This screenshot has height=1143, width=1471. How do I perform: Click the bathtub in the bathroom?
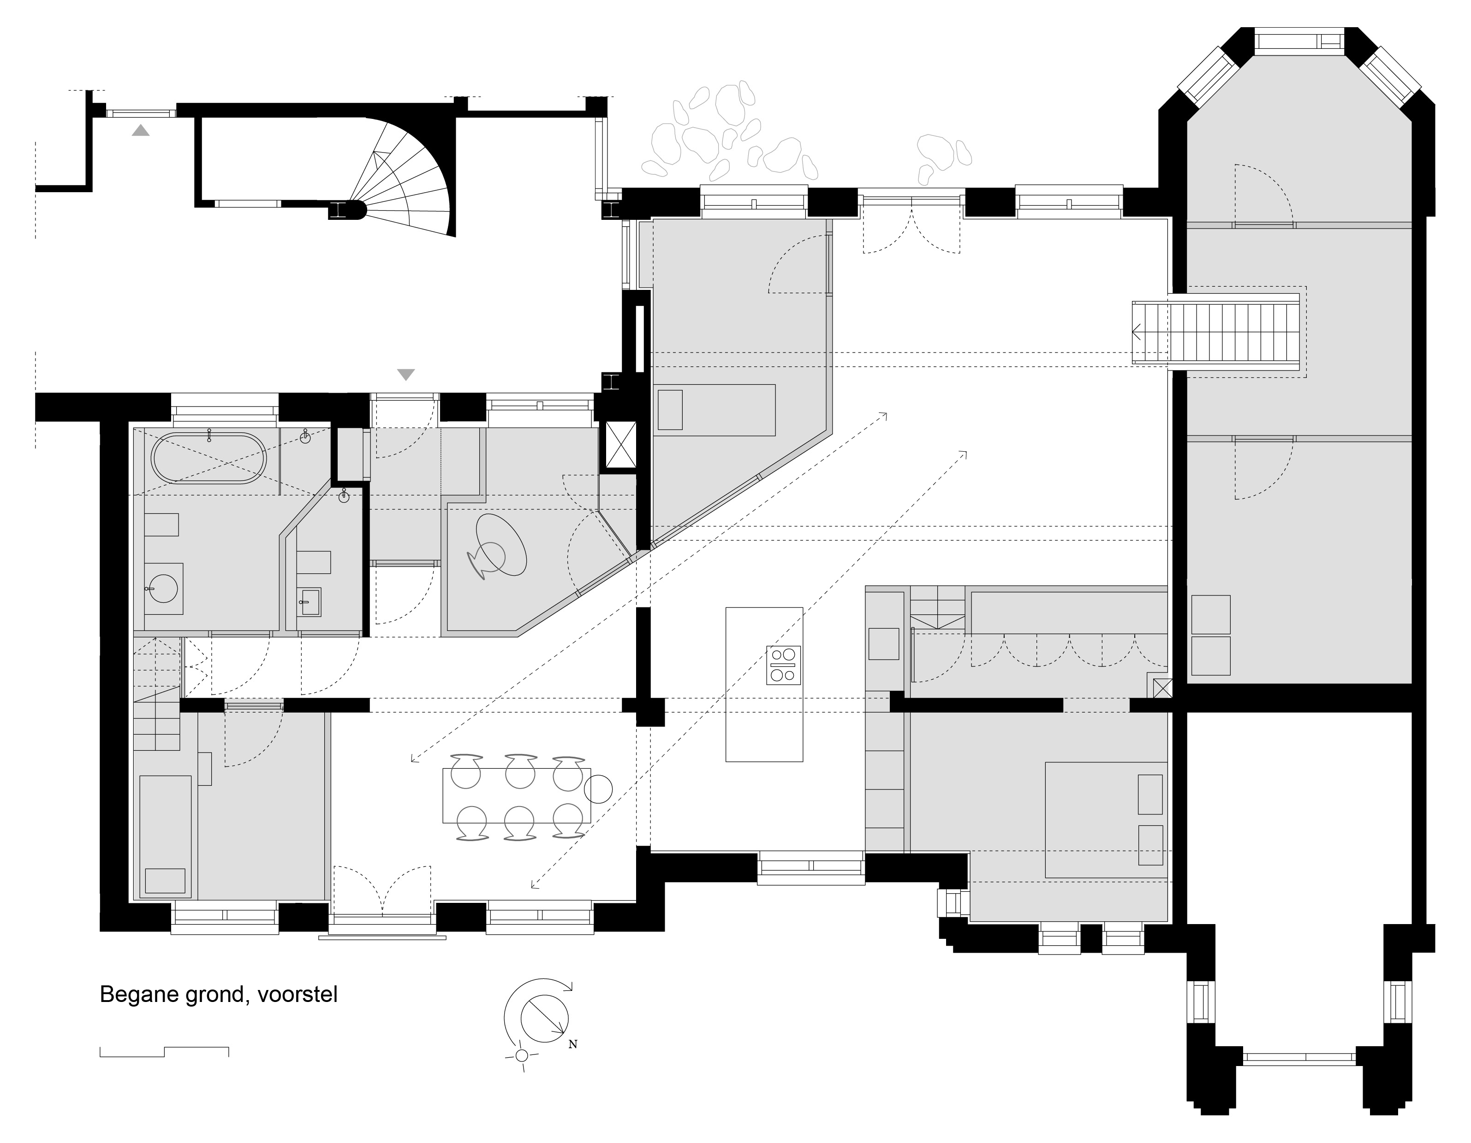[x=209, y=457]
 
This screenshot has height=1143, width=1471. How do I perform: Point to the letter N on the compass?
[x=572, y=1045]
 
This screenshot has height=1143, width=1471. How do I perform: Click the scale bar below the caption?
[x=164, y=1051]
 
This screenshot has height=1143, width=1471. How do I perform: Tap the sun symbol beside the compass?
[x=521, y=1055]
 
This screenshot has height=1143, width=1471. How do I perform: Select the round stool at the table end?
[x=598, y=789]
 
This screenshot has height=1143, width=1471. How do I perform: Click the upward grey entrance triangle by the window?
[x=141, y=130]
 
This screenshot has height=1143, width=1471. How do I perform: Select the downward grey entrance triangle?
[x=406, y=374]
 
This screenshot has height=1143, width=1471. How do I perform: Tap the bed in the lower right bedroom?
[x=1105, y=819]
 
